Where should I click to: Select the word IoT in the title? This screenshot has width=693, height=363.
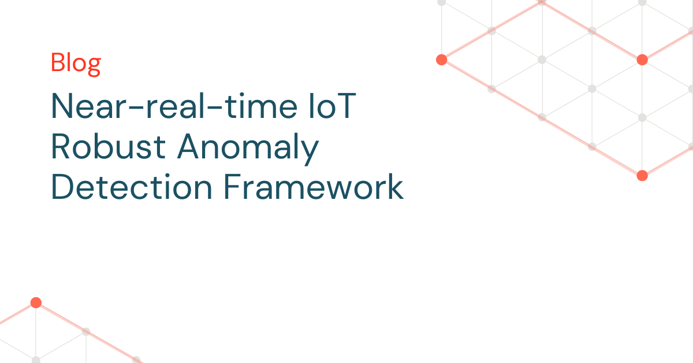(332, 106)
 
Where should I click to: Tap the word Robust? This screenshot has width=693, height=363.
(109, 146)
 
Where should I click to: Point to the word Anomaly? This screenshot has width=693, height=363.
(248, 149)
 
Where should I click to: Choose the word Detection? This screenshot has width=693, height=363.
(132, 187)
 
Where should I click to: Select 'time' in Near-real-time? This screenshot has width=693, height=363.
(262, 105)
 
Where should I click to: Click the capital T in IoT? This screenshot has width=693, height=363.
(345, 105)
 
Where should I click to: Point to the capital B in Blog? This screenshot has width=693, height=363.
(58, 62)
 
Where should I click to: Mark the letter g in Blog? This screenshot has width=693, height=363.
(94, 66)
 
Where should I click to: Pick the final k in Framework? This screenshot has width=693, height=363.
(395, 186)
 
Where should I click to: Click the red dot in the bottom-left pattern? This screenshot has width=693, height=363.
(36, 303)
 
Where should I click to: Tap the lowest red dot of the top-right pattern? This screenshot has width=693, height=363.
(642, 176)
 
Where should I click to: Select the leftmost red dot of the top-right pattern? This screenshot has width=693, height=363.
(441, 60)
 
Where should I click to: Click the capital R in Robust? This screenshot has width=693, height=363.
(61, 146)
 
